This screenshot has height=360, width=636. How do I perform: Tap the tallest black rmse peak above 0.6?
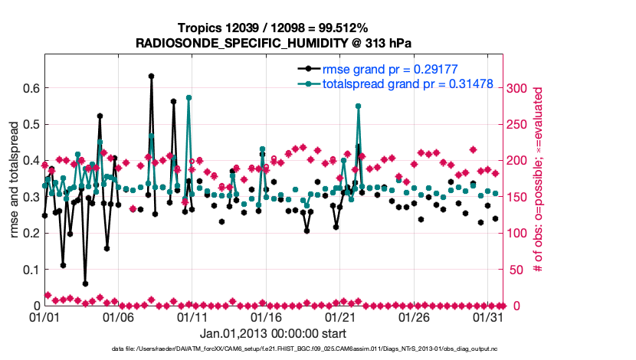(151, 77)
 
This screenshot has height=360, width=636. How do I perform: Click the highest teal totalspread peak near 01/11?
(189, 98)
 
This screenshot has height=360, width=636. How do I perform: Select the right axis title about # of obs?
(539, 180)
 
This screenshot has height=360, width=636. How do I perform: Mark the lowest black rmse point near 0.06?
(85, 283)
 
